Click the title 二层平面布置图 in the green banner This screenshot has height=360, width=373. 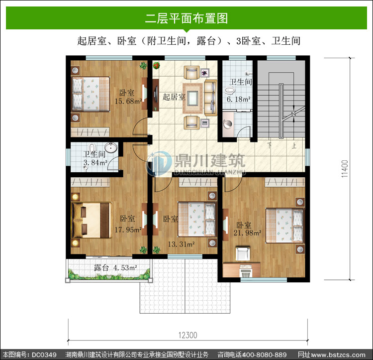click(x=186, y=18)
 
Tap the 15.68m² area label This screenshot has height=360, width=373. click(x=128, y=101)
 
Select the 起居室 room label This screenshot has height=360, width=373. click(x=174, y=97)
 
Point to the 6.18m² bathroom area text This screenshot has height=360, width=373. click(x=238, y=99)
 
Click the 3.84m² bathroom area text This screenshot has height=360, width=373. click(x=95, y=162)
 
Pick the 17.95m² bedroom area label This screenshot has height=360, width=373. click(x=128, y=230)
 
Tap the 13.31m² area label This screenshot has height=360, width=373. click(x=182, y=244)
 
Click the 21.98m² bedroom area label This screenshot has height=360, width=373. click(x=247, y=233)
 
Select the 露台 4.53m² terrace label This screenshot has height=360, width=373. click(x=115, y=267)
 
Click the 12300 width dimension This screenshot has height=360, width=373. click(x=188, y=335)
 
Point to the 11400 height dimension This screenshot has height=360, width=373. click(x=345, y=169)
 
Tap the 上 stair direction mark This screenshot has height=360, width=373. click(x=294, y=145)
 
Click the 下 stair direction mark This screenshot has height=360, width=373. click(x=269, y=145)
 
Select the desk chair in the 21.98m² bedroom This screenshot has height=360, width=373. click(x=243, y=253)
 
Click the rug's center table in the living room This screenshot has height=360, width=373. click(x=192, y=98)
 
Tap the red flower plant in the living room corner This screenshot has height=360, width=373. click(x=156, y=65)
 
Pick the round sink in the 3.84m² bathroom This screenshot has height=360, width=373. click(x=111, y=147)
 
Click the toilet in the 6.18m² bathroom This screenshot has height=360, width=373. click(x=229, y=91)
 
